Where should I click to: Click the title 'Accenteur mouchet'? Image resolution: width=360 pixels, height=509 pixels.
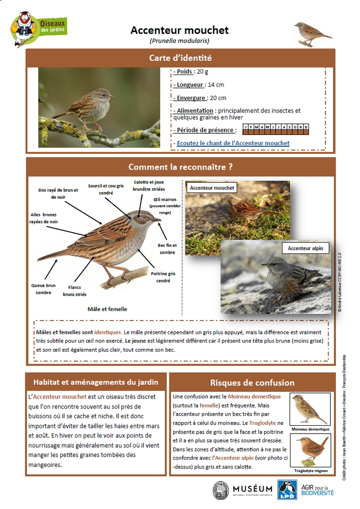pos(180,30)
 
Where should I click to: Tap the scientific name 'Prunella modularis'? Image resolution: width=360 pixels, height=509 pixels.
pos(180,41)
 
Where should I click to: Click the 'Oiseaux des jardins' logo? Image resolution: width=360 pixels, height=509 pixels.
pos(39,28)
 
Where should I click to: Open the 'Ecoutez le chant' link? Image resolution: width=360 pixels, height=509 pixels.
pos(233,143)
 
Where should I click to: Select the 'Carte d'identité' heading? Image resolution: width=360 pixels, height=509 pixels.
pos(180,58)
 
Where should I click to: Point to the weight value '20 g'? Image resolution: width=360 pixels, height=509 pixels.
pos(203,72)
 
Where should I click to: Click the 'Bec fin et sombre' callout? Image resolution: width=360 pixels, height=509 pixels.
pos(168,249)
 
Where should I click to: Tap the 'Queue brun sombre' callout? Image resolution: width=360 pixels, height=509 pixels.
pos(43,289)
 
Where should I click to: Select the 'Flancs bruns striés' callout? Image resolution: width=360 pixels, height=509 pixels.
pos(75,291)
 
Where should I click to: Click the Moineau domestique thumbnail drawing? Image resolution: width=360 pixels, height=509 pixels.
pos(310,410)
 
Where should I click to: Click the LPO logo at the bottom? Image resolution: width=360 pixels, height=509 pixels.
pos(287,490)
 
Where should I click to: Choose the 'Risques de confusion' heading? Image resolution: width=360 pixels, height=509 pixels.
pos(252,383)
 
